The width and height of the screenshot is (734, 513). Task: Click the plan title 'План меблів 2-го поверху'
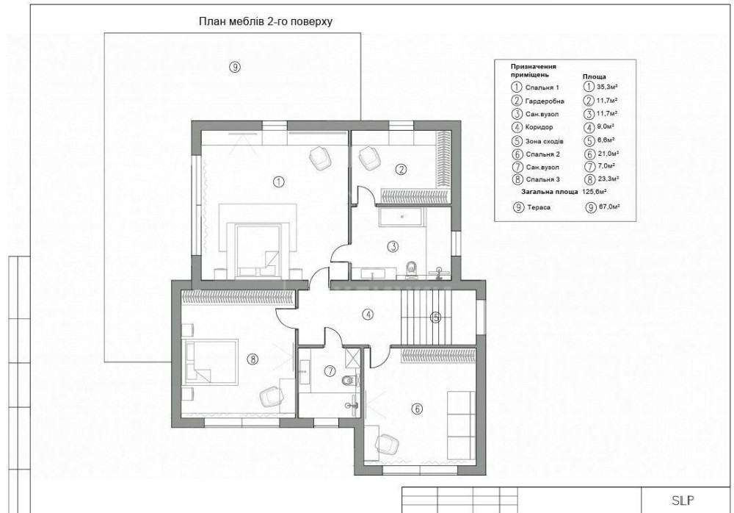pos(266,21)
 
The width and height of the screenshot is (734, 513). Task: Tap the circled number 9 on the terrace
pos(235,67)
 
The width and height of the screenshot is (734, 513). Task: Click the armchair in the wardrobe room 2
pos(370,157)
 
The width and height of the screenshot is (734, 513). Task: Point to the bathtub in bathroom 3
pos(401,217)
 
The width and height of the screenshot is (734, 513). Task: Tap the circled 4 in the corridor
pos(368,315)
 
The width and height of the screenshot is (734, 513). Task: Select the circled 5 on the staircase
pos(435,318)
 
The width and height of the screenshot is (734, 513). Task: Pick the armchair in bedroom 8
pos(272,397)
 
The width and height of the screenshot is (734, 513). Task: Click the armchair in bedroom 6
pos(387,444)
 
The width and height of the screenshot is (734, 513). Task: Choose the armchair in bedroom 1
pos(321,157)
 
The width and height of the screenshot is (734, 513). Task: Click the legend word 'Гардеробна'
pos(545,101)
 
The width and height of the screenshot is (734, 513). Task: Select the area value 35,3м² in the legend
pos(607,87)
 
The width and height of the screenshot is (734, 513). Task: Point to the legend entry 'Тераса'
pos(539,207)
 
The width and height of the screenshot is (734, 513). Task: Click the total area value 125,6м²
pos(594,192)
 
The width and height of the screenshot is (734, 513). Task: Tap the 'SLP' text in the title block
pos(683,501)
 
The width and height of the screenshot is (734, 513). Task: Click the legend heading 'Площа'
pos(594,76)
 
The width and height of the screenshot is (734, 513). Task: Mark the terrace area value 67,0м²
pos(609,207)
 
